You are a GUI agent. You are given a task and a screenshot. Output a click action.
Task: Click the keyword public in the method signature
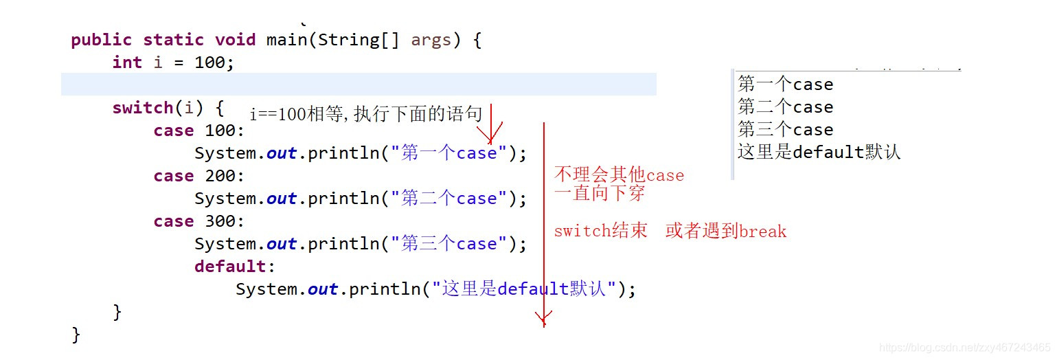click(x=104, y=40)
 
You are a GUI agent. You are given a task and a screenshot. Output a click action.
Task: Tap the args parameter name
click(x=431, y=40)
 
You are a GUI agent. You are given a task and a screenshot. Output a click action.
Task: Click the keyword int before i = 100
click(x=127, y=63)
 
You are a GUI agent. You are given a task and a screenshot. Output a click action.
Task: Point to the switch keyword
click(x=142, y=108)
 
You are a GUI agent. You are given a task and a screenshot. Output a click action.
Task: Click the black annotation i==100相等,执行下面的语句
click(x=365, y=114)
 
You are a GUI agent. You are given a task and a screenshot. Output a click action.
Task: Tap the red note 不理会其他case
click(x=619, y=175)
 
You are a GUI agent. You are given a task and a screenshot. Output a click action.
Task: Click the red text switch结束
click(x=600, y=231)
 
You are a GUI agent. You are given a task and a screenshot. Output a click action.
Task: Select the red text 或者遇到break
click(x=725, y=232)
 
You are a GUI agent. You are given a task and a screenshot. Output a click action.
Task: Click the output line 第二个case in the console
click(x=785, y=107)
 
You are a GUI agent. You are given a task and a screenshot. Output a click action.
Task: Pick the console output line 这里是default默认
click(x=819, y=152)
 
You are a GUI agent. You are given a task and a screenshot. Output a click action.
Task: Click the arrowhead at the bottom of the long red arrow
click(x=544, y=318)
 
